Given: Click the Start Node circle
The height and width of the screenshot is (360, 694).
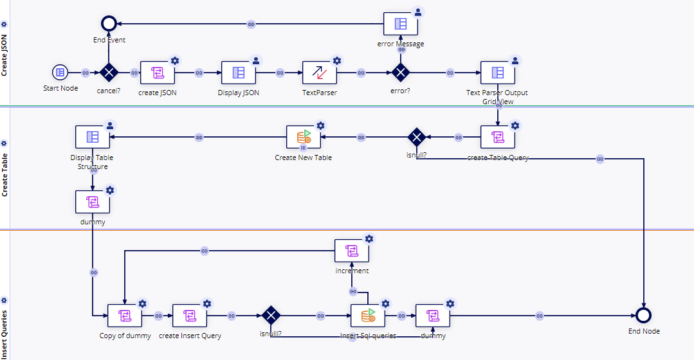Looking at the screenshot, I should coord(60,73).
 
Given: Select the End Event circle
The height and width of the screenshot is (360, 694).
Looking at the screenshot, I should coord(109,24).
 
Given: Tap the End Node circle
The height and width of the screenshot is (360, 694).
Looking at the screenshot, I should coord(643,315).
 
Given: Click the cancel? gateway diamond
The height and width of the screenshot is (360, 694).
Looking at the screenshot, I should coord(109,73).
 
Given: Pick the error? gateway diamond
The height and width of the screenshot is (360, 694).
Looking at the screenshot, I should coord(401,73).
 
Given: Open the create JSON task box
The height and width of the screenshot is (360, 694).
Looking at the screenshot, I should coord(158,73).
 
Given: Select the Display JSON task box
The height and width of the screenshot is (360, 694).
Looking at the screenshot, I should coord(239,73).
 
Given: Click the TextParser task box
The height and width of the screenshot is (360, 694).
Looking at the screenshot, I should coord(320,73).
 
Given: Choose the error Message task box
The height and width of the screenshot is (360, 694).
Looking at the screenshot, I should coord(401,24).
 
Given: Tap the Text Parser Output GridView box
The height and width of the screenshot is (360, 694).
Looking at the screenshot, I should coord(498,73).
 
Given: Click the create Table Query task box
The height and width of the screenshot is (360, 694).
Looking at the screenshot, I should coord(498,137).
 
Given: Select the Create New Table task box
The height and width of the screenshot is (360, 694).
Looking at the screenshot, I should coord(303,137).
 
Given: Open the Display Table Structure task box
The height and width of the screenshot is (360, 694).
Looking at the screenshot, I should coord(93,137).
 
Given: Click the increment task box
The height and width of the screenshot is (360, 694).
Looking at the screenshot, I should coord(352,251).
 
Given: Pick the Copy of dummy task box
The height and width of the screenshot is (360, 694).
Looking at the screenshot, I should coord(125,316).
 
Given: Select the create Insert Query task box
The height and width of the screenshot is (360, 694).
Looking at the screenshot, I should coord(190,316).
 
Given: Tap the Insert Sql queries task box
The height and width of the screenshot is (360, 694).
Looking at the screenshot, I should coord(368,316).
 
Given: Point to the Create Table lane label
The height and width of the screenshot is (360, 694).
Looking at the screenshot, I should coord(5,168).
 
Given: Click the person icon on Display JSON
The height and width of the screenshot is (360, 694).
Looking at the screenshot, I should coord(256,60).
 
